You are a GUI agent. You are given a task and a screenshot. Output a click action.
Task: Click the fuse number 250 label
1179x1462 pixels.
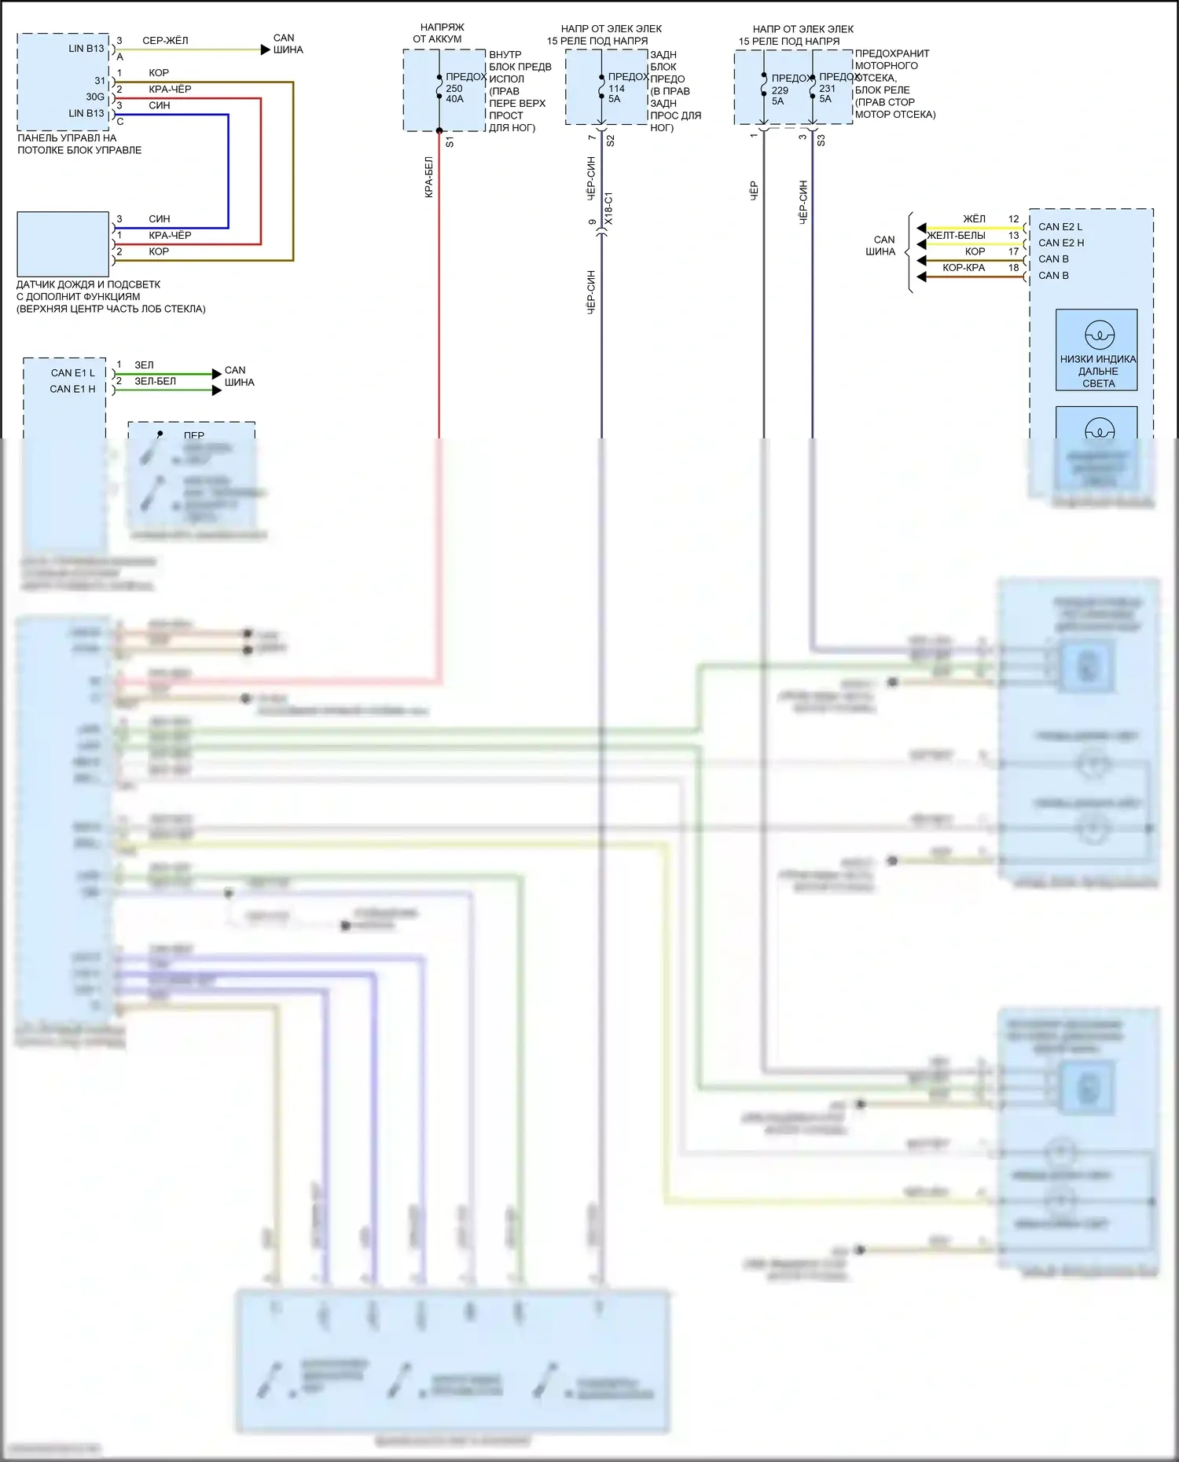tap(454, 88)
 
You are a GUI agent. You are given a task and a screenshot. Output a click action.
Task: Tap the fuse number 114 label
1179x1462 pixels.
tap(616, 88)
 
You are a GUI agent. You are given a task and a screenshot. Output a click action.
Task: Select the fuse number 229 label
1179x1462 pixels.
tap(779, 90)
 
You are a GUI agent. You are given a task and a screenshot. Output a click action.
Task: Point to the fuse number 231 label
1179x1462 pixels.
tap(827, 88)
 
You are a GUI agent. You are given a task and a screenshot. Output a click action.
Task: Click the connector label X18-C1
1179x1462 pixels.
tap(608, 209)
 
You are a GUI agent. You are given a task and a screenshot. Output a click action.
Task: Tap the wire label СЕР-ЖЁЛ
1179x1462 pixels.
tap(165, 40)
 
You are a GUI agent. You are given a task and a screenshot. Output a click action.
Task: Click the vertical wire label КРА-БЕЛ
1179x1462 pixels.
tap(429, 177)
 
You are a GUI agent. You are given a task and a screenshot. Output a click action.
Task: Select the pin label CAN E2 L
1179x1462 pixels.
tap(1060, 226)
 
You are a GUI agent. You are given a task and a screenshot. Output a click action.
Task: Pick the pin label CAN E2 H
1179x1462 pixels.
tap(1060, 243)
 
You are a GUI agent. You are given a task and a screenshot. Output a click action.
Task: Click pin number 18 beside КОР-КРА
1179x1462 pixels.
tap(1013, 268)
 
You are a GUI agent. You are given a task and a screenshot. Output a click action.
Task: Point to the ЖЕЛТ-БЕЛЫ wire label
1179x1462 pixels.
tap(956, 235)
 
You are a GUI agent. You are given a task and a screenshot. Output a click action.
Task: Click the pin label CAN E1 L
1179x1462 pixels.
tap(72, 372)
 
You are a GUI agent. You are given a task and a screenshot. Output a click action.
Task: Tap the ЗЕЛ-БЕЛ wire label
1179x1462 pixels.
tap(155, 381)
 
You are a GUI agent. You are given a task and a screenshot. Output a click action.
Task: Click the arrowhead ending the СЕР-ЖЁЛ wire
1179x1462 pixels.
tap(265, 49)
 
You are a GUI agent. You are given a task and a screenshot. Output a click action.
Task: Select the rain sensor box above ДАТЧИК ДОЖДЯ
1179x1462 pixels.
tap(63, 244)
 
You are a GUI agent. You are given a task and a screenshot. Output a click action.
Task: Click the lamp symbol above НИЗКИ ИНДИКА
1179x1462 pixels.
tap(1099, 335)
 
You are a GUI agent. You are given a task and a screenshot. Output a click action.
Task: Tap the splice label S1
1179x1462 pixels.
tap(450, 142)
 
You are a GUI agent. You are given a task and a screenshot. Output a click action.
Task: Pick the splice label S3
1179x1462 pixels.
tap(821, 141)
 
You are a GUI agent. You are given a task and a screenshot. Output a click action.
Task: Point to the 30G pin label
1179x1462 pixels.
tap(95, 97)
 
